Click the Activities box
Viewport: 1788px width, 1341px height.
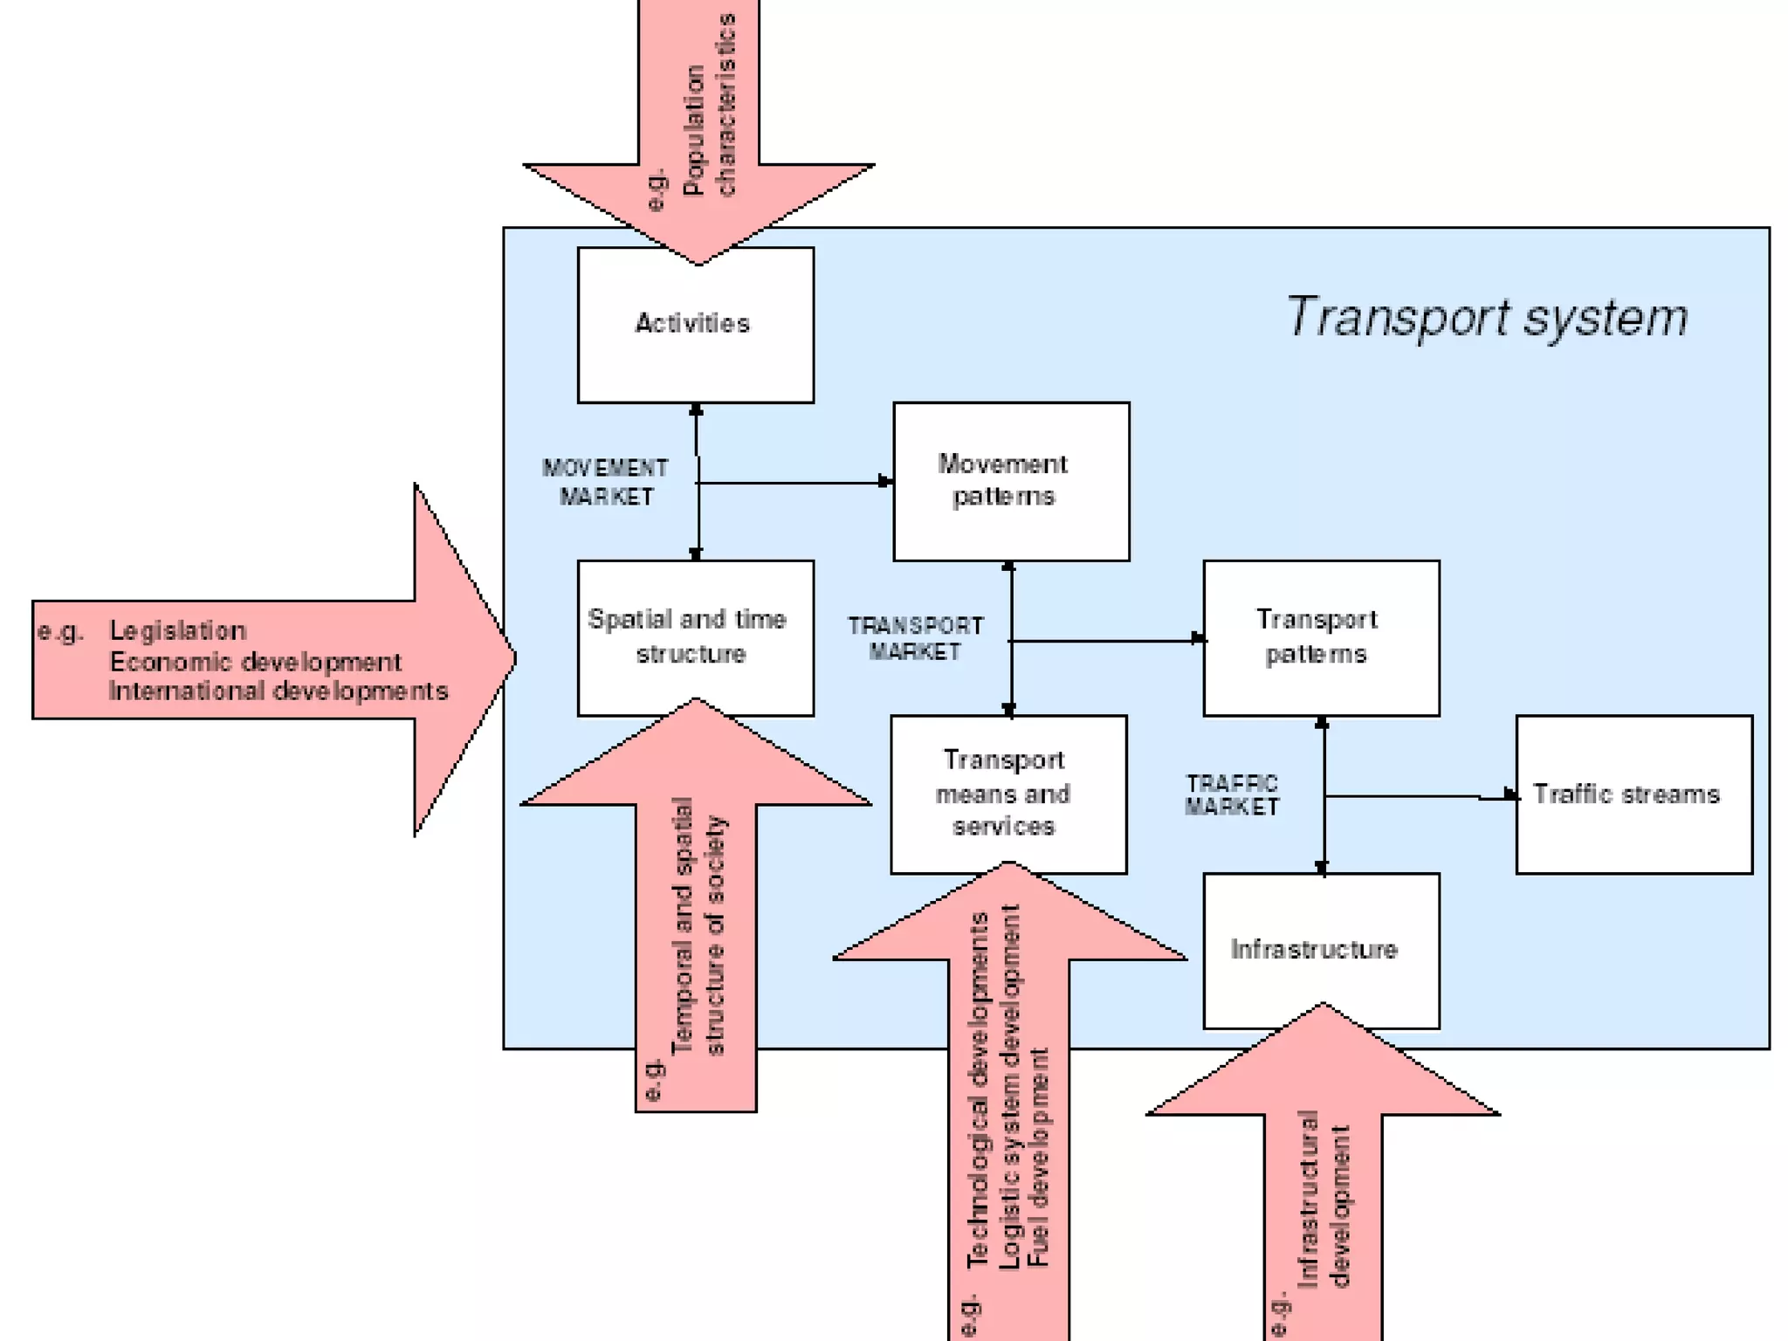[x=695, y=325]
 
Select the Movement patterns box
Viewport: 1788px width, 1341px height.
[x=1010, y=481]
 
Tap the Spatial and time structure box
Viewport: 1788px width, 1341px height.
[x=695, y=637]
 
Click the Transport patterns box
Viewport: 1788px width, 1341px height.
[x=1320, y=637]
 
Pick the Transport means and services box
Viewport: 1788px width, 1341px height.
[x=1007, y=794]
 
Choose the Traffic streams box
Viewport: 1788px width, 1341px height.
[x=1633, y=794]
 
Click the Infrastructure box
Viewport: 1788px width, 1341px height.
[x=1320, y=950]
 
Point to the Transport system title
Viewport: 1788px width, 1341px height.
[x=1486, y=317]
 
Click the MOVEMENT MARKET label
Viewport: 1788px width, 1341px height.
[x=605, y=482]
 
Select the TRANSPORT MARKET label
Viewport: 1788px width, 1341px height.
[x=915, y=638]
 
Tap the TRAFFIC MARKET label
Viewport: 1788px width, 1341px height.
[x=1231, y=794]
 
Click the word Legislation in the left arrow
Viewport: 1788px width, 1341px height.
[x=177, y=630]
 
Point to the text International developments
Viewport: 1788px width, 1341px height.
[x=278, y=691]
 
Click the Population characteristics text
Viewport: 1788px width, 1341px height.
[x=709, y=105]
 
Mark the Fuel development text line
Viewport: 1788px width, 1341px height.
[x=1038, y=1157]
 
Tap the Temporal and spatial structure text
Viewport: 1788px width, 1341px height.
[x=698, y=925]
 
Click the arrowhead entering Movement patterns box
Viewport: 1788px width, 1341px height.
[x=885, y=481]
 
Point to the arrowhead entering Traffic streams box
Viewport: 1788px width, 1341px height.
[x=1510, y=794]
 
